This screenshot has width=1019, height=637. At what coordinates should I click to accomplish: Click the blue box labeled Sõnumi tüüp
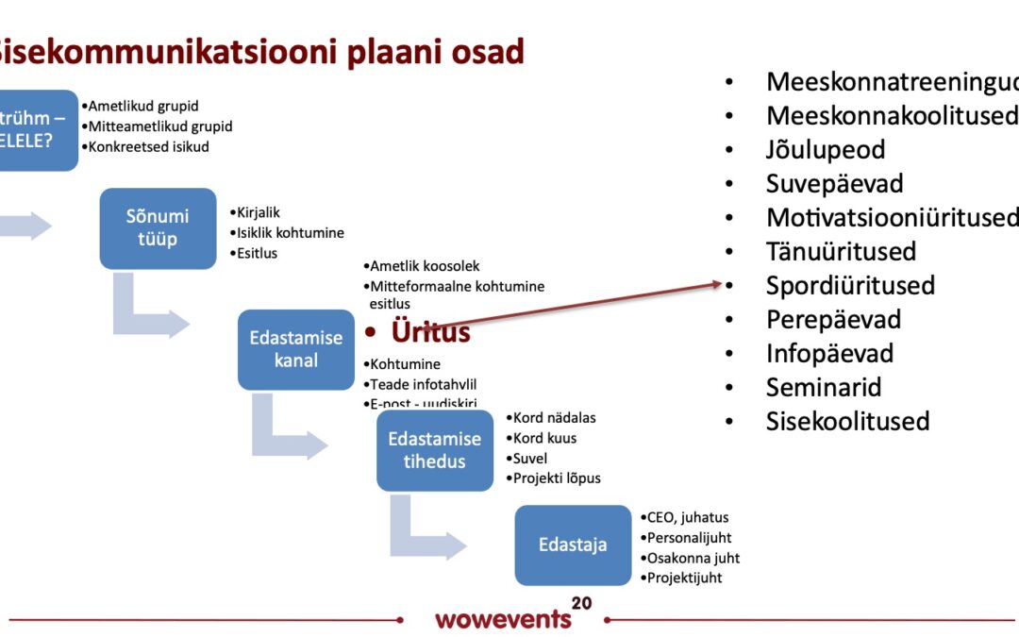pos(158,227)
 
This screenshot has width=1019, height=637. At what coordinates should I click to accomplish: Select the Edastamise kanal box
pos(296,349)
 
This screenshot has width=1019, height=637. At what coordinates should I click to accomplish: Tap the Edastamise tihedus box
pos(435,450)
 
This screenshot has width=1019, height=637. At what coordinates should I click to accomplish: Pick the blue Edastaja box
pos(573,545)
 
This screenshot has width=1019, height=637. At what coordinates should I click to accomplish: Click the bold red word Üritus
pos(431,332)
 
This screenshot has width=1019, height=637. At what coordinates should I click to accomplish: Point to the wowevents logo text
pos(503,620)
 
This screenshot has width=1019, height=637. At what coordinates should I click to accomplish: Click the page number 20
pos(581,603)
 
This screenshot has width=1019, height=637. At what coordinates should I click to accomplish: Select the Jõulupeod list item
pos(825,149)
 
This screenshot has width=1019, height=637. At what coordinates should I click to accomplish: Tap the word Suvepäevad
pos(834,183)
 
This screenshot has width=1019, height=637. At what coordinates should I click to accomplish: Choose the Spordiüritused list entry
pos(850,285)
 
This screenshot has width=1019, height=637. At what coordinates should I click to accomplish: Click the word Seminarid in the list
pos(824,387)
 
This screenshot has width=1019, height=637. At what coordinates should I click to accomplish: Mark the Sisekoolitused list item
pos(847,421)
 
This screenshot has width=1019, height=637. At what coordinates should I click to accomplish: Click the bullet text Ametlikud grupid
pos(143,106)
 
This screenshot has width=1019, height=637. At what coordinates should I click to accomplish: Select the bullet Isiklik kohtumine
pos(290,232)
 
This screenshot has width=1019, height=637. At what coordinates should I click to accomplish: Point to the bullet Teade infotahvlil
pos(423,384)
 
